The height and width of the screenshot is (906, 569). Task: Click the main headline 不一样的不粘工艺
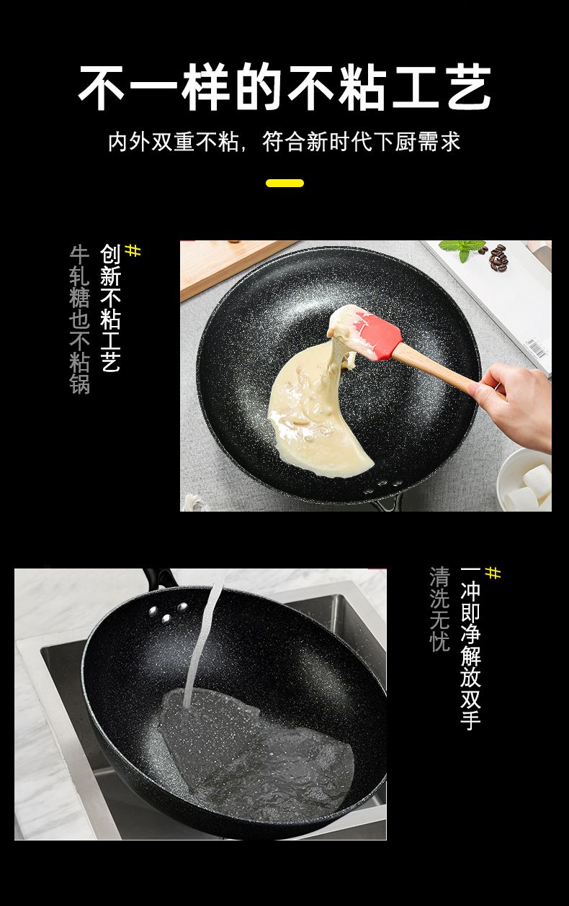tap(284, 87)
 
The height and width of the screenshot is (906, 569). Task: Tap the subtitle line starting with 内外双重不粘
tap(284, 142)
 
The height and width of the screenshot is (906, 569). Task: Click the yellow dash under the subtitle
tap(284, 184)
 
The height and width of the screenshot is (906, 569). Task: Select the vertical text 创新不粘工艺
tap(110, 308)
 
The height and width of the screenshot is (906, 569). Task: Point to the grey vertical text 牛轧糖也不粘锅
tap(79, 320)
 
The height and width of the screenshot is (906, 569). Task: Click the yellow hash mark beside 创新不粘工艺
tap(133, 250)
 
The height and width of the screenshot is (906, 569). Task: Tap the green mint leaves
tap(462, 248)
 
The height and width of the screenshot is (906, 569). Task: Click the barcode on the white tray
tap(535, 348)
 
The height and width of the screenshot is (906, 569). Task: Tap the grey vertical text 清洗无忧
tap(439, 609)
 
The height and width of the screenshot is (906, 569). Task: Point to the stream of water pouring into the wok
tap(205, 639)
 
